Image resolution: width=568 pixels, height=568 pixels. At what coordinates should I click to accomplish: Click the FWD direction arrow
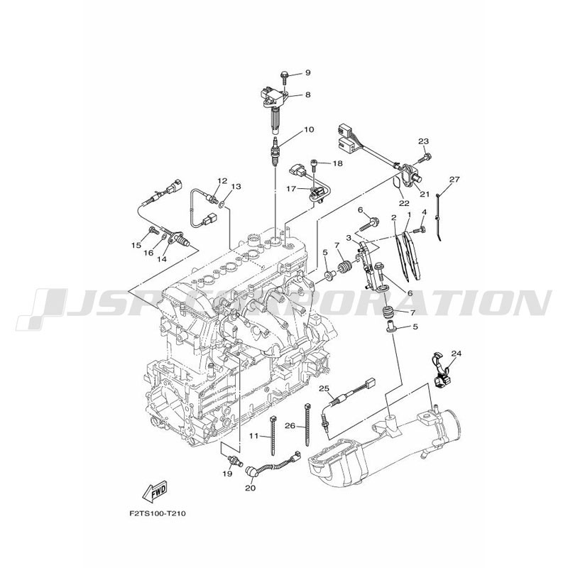pyautogui.click(x=155, y=491)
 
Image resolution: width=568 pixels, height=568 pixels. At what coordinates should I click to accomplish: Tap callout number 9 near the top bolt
pyautogui.click(x=307, y=73)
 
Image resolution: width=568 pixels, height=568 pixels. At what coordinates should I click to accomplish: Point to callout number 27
pyautogui.click(x=454, y=180)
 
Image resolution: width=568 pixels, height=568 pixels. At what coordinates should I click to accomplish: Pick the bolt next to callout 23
pyautogui.click(x=425, y=158)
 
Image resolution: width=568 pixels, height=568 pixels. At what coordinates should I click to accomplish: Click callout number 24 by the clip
pyautogui.click(x=457, y=353)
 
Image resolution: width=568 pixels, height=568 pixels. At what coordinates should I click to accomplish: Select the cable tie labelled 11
pyautogui.click(x=273, y=435)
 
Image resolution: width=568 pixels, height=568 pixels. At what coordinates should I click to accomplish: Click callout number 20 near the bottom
pyautogui.click(x=250, y=488)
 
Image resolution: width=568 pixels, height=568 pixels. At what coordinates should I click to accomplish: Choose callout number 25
pyautogui.click(x=324, y=388)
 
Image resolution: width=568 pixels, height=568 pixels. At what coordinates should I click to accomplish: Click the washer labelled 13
pyautogui.click(x=222, y=206)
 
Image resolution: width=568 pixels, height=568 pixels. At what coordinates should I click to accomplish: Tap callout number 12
pyautogui.click(x=222, y=180)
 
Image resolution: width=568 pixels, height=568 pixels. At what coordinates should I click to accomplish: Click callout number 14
pyautogui.click(x=162, y=259)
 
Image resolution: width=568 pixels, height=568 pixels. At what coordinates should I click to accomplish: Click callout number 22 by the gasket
pyautogui.click(x=404, y=203)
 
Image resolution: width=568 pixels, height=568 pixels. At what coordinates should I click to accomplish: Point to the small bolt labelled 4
pyautogui.click(x=420, y=229)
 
